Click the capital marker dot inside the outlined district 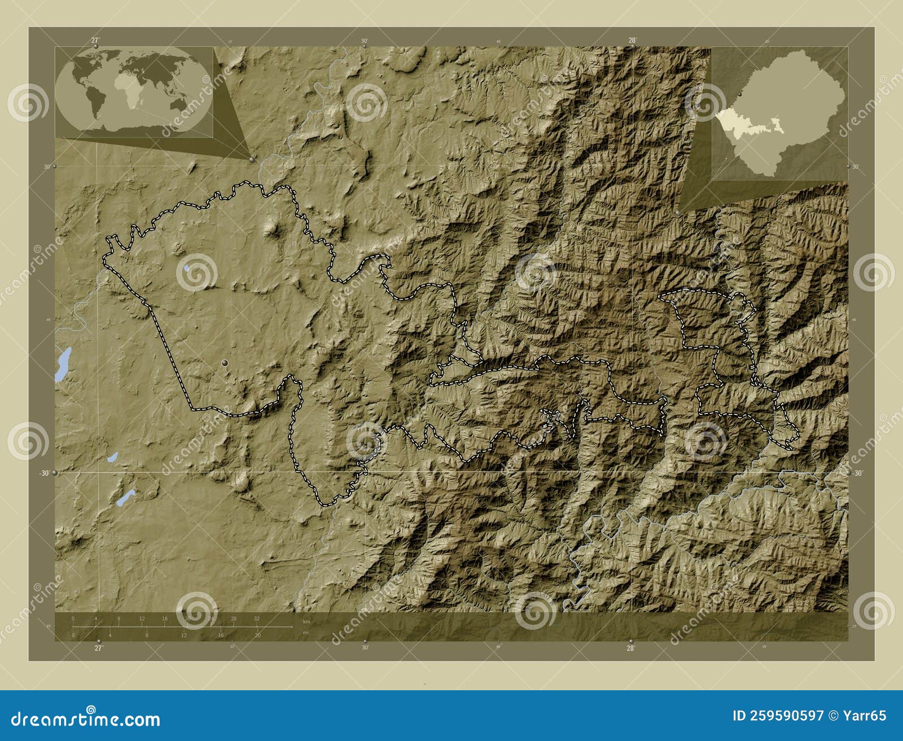(x=226, y=363)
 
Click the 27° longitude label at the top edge (x=95, y=40)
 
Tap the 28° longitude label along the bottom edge (x=630, y=648)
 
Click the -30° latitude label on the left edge (x=44, y=473)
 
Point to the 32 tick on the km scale (x=257, y=619)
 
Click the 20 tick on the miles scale (x=257, y=636)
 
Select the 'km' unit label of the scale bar (x=306, y=621)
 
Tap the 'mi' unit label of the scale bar (x=305, y=632)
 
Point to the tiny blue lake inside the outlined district (x=186, y=268)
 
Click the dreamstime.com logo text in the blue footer (x=86, y=719)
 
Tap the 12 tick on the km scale (x=142, y=619)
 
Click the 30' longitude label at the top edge (x=365, y=41)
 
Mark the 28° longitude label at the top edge (x=632, y=40)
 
